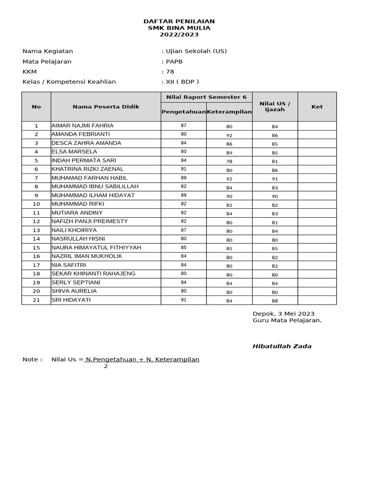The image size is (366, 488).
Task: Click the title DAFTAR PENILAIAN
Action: tap(179, 21)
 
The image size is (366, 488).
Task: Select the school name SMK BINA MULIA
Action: tap(179, 28)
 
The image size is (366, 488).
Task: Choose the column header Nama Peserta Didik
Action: tap(106, 107)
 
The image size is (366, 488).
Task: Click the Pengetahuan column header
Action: tap(183, 112)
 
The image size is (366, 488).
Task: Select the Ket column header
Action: tap(317, 107)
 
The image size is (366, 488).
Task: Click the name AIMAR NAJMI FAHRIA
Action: tap(82, 126)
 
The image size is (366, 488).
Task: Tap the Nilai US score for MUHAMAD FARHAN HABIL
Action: tap(275, 179)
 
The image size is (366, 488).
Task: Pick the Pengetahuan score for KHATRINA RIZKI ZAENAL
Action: tap(183, 169)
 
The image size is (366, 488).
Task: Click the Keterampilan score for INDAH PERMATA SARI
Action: tap(229, 162)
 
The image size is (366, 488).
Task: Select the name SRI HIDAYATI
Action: tap(71, 300)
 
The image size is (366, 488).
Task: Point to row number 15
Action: tap(36, 248)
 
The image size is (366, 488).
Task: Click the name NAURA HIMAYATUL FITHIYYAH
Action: tap(96, 248)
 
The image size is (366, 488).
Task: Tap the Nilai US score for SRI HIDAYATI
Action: tap(275, 301)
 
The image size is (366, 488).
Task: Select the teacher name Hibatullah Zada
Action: tap(282, 346)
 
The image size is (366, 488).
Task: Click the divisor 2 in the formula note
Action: tap(106, 366)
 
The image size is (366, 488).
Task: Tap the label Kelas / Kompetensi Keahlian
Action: tap(69, 82)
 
